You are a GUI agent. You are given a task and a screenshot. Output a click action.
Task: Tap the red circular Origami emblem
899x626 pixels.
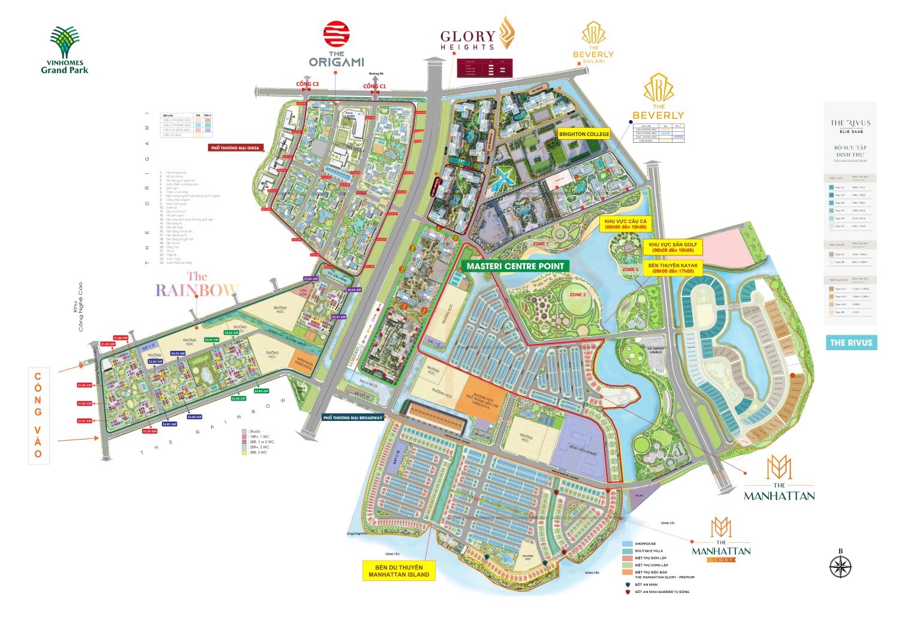pyautogui.click(x=336, y=34)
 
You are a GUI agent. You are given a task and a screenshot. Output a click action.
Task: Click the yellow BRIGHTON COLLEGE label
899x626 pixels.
pyautogui.click(x=584, y=134)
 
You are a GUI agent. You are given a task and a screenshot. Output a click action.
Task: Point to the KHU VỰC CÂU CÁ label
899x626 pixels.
pyautogui.click(x=626, y=224)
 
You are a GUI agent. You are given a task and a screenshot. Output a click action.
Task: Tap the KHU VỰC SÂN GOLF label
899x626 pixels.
pyautogui.click(x=672, y=248)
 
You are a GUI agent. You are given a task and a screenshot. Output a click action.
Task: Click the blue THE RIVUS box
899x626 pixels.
pyautogui.click(x=851, y=343)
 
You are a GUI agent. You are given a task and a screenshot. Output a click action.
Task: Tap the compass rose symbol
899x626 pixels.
pyautogui.click(x=841, y=566)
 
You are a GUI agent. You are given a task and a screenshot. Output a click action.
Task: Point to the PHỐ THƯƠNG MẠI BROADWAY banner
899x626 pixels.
pyautogui.click(x=352, y=417)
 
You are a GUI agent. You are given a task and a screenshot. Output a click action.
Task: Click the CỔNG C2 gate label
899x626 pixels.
pyautogui.click(x=307, y=85)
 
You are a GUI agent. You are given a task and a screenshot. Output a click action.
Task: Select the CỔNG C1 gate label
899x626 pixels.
pyautogui.click(x=375, y=86)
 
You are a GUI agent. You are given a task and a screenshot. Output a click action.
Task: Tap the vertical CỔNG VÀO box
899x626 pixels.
pyautogui.click(x=38, y=415)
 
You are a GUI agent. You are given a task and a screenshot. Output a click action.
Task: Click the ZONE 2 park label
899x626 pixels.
pyautogui.click(x=577, y=295)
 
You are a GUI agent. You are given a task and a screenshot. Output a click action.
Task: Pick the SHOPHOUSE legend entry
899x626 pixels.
pyautogui.click(x=645, y=544)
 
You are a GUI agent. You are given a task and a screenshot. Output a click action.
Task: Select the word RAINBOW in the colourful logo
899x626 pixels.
pyautogui.click(x=197, y=290)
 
